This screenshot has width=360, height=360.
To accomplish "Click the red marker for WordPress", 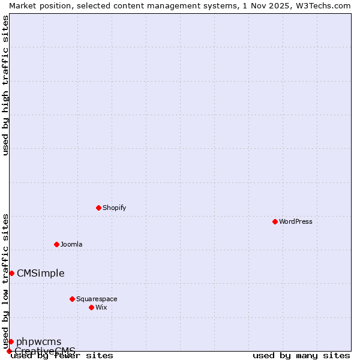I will (x=275, y=221).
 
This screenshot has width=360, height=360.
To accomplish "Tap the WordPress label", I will (x=295, y=221).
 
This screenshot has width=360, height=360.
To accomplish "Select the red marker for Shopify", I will (x=98, y=208).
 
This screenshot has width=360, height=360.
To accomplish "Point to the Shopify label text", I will (x=114, y=208).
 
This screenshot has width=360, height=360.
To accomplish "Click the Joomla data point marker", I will (x=56, y=244).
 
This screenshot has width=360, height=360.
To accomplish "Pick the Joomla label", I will (x=71, y=244).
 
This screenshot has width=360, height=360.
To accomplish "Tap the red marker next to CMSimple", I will (x=11, y=273).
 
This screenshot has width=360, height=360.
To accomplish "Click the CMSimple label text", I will (x=40, y=274).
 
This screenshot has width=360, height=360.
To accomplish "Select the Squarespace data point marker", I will (x=72, y=299).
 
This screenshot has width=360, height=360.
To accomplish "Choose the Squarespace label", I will (x=97, y=299).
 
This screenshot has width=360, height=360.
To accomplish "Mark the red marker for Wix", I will (x=91, y=307).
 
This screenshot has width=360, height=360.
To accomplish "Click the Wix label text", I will (x=101, y=307).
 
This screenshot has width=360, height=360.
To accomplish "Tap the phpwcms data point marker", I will (x=11, y=341).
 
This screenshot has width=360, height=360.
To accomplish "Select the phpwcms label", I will (x=38, y=342).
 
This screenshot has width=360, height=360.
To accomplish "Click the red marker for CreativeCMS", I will (x=9, y=351).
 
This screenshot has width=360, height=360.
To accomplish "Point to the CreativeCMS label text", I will (x=45, y=351).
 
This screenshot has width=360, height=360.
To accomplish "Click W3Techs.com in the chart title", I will (x=324, y=5).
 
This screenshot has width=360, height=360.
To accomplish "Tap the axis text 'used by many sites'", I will (x=301, y=356).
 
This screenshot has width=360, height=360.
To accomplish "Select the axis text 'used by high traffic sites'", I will (x=5, y=85).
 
